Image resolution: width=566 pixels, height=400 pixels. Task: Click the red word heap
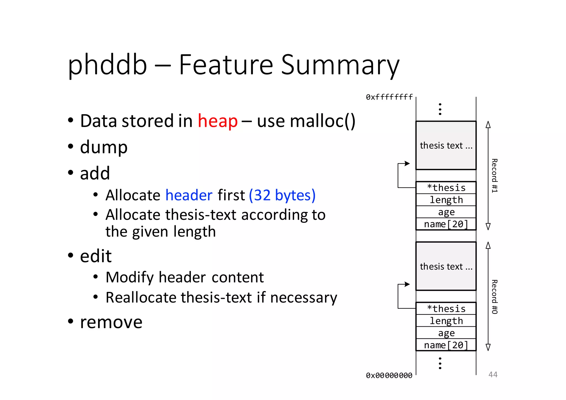point(218,121)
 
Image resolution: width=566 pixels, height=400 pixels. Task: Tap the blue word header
point(189,195)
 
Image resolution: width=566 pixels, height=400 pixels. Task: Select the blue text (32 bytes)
point(282,195)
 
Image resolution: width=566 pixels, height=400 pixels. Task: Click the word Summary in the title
point(340,65)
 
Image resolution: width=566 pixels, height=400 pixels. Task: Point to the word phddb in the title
point(107,65)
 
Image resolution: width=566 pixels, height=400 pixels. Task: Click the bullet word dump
point(104,147)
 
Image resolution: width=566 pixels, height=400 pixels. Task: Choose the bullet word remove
point(111,322)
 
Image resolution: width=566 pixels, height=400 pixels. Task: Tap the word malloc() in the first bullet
point(306,121)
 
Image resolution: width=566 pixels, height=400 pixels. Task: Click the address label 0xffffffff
point(389,97)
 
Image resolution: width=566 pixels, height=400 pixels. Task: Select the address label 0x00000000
point(389,375)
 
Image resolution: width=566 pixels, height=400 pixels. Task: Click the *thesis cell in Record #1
point(446,188)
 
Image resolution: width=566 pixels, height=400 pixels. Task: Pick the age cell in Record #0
point(446,333)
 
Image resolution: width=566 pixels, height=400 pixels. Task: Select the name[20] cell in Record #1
point(446,224)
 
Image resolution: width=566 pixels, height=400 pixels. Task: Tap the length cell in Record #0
point(446,321)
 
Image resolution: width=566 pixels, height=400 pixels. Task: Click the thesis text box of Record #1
point(446,145)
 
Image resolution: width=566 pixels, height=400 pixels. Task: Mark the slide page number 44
point(493,375)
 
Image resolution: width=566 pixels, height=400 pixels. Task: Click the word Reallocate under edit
point(141,298)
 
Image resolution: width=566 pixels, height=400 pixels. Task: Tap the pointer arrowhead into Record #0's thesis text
point(407,284)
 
